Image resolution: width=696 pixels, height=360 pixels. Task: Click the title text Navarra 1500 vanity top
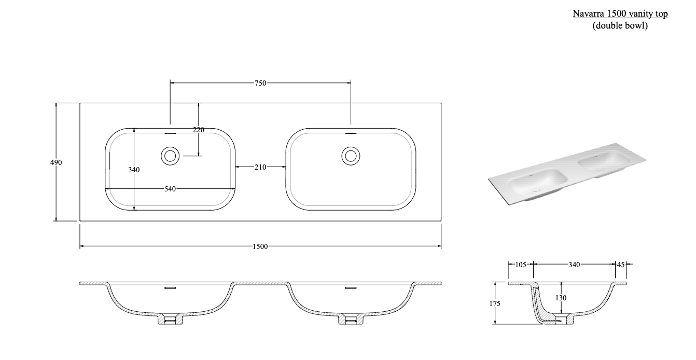(x=620, y=14)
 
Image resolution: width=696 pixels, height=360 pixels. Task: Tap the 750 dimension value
(x=260, y=82)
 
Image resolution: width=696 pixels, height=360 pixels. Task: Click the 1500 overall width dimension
(x=260, y=246)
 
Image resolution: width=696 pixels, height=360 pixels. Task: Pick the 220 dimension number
(x=199, y=130)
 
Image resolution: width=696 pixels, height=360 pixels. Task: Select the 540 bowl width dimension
(x=170, y=189)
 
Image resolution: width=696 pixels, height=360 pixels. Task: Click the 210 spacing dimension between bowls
(x=260, y=167)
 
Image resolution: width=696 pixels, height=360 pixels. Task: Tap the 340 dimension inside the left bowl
(x=134, y=170)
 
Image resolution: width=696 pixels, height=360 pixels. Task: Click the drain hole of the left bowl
(x=170, y=155)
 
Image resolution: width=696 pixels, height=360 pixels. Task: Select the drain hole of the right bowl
(x=351, y=155)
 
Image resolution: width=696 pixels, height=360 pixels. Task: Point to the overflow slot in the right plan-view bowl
(x=351, y=133)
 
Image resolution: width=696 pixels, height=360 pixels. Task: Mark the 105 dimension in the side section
(x=521, y=265)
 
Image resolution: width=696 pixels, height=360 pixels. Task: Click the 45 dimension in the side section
(x=621, y=265)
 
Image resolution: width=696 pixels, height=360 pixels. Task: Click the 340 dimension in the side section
(x=574, y=265)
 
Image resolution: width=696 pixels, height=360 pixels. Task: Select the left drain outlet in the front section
(x=170, y=320)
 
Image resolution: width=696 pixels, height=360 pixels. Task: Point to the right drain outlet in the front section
(x=351, y=320)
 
